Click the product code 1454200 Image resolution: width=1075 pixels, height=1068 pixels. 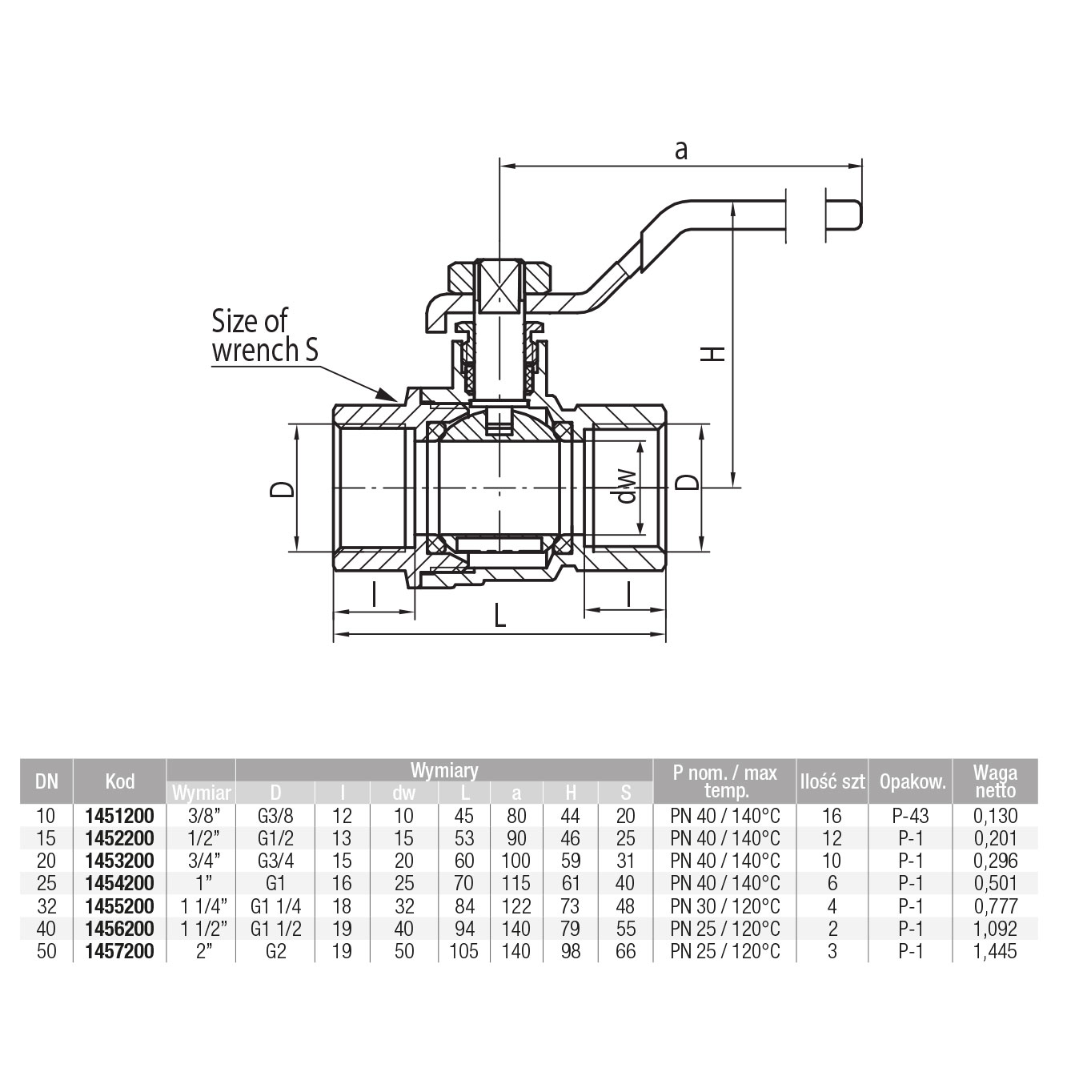pyautogui.click(x=119, y=883)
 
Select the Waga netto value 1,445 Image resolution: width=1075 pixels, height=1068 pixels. pyautogui.click(x=995, y=951)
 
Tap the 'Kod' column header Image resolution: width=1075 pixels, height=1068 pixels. pyautogui.click(x=120, y=781)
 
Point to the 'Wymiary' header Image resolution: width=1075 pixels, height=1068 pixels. pyautogui.click(x=444, y=771)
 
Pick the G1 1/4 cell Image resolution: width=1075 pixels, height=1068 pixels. pyautogui.click(x=275, y=906)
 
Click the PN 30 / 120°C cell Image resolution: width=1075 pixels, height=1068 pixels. pyautogui.click(x=724, y=906)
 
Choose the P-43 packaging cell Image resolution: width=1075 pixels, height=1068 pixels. pyautogui.click(x=910, y=816)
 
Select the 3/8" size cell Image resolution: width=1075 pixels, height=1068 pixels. pyautogui.click(x=203, y=816)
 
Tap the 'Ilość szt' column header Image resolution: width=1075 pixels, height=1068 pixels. pyautogui.click(x=832, y=781)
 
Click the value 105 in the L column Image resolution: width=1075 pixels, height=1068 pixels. pyautogui.click(x=463, y=951)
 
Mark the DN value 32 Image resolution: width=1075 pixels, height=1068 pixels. pyautogui.click(x=46, y=906)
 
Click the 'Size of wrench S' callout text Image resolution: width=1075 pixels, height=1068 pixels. pyautogui.click(x=265, y=335)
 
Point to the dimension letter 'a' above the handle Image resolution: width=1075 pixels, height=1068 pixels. pyautogui.click(x=681, y=150)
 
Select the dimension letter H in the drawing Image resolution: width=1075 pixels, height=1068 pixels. pyautogui.click(x=712, y=354)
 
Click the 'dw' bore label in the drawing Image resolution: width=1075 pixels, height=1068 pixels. pyautogui.click(x=627, y=485)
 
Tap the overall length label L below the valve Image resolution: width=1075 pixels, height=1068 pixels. pyautogui.click(x=499, y=616)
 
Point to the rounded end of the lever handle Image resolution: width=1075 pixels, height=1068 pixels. pyautogui.click(x=857, y=215)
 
